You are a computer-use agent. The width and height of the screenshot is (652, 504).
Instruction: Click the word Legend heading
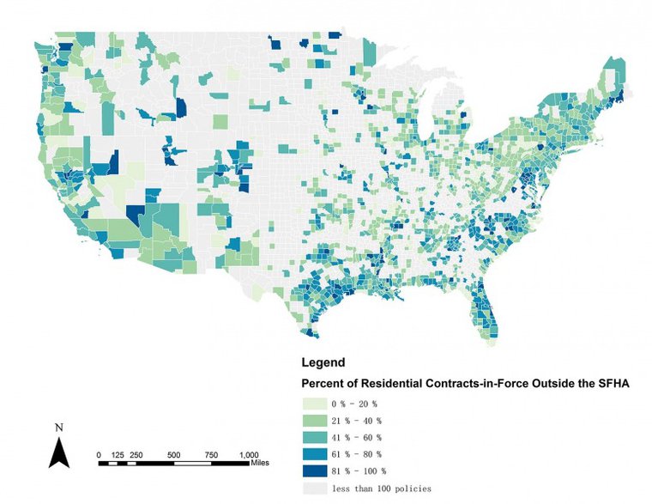pyautogui.click(x=323, y=363)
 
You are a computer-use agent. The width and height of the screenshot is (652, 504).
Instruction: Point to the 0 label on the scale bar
pyautogui.click(x=99, y=454)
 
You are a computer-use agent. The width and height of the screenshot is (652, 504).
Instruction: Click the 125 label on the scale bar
pyautogui.click(x=118, y=454)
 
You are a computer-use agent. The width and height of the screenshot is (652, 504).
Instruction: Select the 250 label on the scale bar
pyautogui.click(x=136, y=454)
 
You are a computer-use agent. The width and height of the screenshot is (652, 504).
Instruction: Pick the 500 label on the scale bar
pyautogui.click(x=173, y=454)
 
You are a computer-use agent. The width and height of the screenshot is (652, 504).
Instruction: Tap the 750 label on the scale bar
pyautogui.click(x=210, y=454)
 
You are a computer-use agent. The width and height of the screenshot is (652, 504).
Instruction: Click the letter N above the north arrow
pyautogui.click(x=58, y=427)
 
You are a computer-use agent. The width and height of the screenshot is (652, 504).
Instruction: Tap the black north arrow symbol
pyautogui.click(x=58, y=452)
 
